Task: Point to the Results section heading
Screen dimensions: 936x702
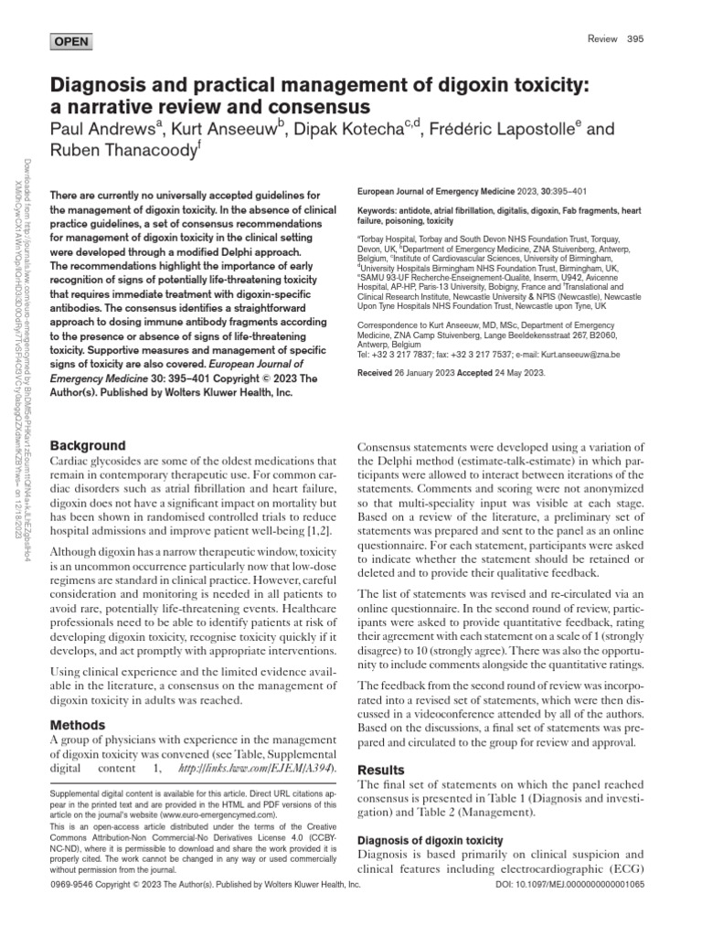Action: click(x=379, y=771)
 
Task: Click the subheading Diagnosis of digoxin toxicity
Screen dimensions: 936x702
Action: click(x=429, y=840)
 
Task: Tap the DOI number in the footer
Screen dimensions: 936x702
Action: click(x=594, y=885)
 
